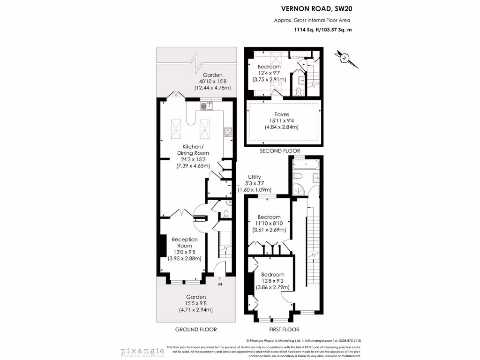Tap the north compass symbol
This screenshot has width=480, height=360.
(345, 58)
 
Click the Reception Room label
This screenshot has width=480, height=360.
(184, 242)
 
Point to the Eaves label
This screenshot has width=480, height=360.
(282, 114)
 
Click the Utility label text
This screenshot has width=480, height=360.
(255, 177)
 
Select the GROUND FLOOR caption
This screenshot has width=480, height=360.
(196, 330)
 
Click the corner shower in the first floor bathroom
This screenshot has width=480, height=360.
(297, 189)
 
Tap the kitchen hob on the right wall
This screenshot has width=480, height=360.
(228, 132)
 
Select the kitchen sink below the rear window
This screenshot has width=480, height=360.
(206, 106)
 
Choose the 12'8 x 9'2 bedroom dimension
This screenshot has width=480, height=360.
(272, 281)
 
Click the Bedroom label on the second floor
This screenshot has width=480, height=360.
(269, 67)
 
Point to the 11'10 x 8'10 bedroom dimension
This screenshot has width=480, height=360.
(269, 224)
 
